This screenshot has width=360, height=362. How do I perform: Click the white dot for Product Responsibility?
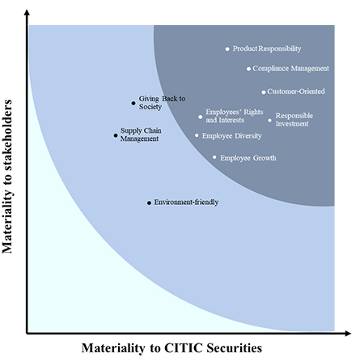point(227,49)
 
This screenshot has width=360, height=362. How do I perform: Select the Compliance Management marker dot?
point(248,69)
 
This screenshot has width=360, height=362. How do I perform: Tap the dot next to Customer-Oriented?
point(264,92)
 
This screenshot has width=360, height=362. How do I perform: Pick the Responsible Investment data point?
point(270,121)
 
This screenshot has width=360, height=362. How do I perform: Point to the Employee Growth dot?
point(214,157)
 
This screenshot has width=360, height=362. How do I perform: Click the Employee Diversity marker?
point(197,135)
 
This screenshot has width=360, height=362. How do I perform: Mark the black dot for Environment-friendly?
point(149,203)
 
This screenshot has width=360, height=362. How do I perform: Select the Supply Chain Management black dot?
point(116,135)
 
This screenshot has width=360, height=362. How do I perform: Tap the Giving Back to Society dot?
point(133,103)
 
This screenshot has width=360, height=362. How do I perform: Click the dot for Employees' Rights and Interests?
point(201,117)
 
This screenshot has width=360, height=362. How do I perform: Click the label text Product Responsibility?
point(267,49)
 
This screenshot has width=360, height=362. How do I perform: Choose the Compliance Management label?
point(290,69)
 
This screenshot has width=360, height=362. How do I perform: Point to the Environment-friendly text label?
point(186,202)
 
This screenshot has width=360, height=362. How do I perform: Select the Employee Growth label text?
point(248,158)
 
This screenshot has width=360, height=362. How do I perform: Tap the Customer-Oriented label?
point(296,92)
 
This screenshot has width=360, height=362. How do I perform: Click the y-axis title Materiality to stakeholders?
point(7,177)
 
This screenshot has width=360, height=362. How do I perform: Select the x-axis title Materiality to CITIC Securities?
point(172,347)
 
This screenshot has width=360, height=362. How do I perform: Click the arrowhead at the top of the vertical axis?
point(27,12)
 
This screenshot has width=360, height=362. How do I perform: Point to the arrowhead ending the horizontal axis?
point(348,334)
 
